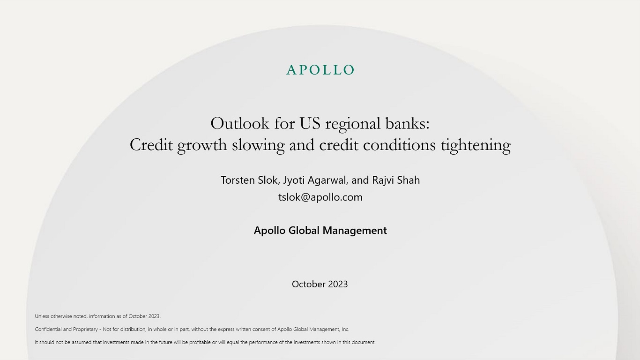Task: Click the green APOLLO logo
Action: (x=320, y=70)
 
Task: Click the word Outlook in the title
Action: (x=240, y=124)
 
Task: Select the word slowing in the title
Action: (x=258, y=145)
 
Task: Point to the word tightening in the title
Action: (x=476, y=145)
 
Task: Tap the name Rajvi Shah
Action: (x=396, y=180)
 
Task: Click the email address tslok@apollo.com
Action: (x=320, y=197)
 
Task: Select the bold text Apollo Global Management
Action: (x=320, y=231)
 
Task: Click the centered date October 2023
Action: (x=320, y=284)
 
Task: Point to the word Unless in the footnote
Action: (x=42, y=316)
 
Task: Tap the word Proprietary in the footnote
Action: (x=85, y=330)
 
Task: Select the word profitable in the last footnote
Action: (x=200, y=342)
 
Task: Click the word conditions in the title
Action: (x=400, y=145)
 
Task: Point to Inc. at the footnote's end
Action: (x=345, y=329)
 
